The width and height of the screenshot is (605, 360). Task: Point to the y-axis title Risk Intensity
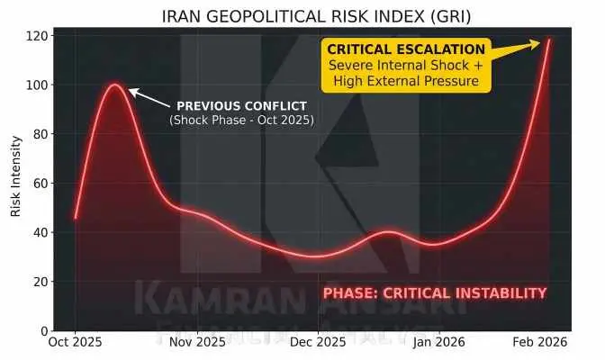(15, 179)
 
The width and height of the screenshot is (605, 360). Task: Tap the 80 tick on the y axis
(40, 134)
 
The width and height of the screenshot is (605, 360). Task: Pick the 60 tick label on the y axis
(40, 184)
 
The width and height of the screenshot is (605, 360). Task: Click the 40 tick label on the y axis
(40, 232)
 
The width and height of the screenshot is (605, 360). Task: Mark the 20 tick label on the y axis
(40, 282)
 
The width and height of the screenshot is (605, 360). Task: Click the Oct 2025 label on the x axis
(76, 342)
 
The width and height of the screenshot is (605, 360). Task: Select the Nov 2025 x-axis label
(197, 342)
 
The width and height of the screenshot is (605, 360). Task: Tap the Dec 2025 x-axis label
(318, 342)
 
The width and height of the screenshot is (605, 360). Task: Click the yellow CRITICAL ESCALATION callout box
(406, 65)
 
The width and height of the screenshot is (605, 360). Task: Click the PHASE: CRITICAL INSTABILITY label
(435, 292)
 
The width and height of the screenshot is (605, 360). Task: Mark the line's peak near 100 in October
(115, 85)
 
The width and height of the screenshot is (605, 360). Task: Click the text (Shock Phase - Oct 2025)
(241, 120)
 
